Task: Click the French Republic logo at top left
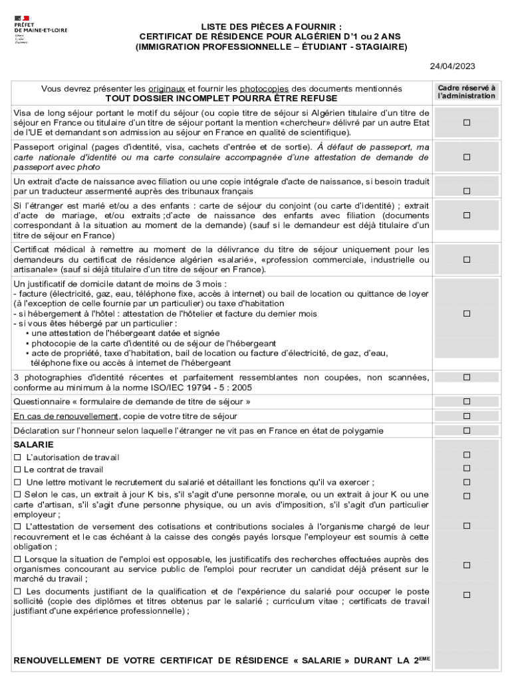click(x=22, y=18)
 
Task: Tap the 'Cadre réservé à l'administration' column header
click(x=466, y=92)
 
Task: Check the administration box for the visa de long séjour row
click(x=467, y=122)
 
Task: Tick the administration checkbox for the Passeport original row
click(x=467, y=157)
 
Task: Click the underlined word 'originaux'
click(x=167, y=88)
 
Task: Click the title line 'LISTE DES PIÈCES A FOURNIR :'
click(x=272, y=26)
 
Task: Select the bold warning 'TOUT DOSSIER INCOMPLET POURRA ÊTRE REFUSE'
click(x=221, y=98)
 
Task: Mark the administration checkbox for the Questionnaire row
click(x=467, y=402)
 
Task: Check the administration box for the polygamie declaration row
click(x=467, y=430)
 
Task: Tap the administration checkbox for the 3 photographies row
click(x=467, y=377)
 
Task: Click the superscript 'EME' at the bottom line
click(x=424, y=658)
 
